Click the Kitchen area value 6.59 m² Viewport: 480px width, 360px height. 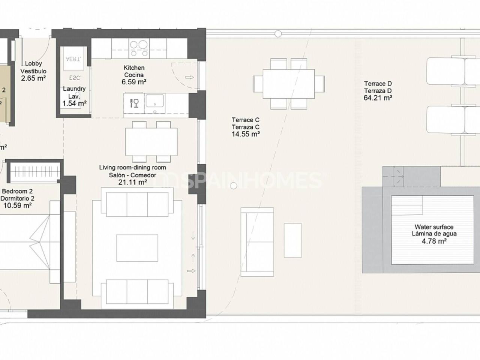coord(134,82)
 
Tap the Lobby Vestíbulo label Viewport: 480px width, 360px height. coord(33,67)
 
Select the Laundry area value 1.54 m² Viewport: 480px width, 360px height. coord(74,103)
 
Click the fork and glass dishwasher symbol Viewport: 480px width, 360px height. coord(134,103)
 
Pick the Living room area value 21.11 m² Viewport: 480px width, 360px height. coord(132,183)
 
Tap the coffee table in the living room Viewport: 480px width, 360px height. coord(137,248)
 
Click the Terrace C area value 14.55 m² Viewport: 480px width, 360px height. coord(246,134)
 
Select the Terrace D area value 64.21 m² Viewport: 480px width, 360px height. coord(378,98)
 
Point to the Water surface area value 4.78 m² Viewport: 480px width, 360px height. coord(434,241)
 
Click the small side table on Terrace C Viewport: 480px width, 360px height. coord(292,240)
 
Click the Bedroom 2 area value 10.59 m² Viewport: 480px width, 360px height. coord(17,205)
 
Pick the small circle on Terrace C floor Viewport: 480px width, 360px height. coord(234,185)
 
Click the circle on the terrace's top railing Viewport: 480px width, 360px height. coord(278,34)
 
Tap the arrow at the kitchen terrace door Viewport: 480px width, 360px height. coord(190,77)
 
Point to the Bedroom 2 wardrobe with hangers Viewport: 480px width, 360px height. coord(36,171)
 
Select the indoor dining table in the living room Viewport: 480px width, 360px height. coord(151,142)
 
